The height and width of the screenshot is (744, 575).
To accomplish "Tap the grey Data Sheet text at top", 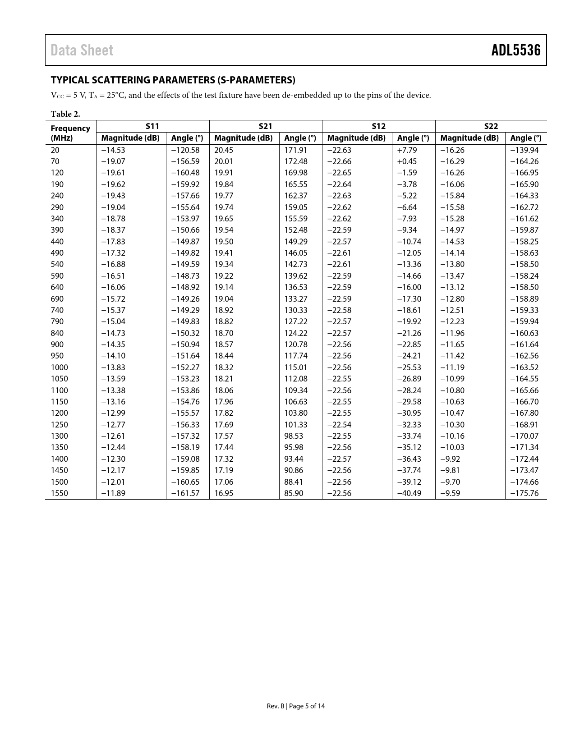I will [82, 50].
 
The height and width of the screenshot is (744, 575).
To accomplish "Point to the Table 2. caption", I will [65, 114].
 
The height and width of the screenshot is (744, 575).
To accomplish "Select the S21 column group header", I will [266, 126].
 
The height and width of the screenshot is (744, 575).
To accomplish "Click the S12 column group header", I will [378, 126].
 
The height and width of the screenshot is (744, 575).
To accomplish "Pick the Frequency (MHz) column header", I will [70, 133].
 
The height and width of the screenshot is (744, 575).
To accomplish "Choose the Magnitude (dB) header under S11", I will [130, 138].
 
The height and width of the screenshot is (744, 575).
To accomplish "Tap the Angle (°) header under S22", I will [525, 138].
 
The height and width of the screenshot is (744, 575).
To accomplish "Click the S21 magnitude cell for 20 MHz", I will [224, 150].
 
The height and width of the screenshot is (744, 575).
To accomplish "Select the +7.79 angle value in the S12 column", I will [407, 150].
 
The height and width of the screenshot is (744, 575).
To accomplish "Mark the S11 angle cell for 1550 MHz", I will [185, 493].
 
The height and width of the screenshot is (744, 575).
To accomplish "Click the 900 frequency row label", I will [57, 344].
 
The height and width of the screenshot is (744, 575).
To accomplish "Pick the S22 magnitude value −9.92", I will [450, 459].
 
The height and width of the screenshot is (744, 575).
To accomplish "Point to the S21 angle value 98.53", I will [294, 436].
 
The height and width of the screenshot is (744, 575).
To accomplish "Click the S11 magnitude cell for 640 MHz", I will [113, 287].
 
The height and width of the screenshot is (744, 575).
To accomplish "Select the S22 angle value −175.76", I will [524, 493].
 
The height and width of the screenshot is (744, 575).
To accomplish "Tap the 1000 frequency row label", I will [59, 367].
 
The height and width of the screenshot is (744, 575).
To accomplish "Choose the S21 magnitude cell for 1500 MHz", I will [224, 482].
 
